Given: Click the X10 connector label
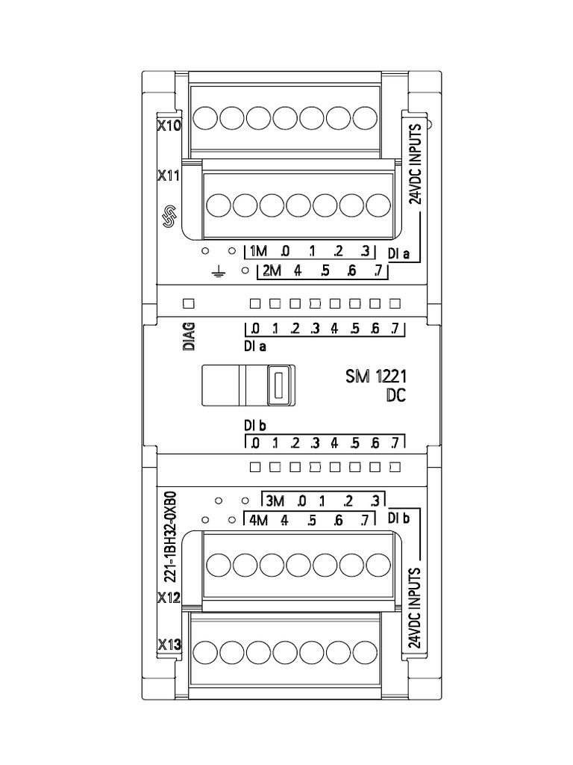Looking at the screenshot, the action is click(169, 126).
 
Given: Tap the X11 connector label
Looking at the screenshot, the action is click(169, 176).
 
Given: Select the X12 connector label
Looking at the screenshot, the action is click(169, 597).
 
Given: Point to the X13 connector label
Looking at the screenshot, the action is click(169, 645).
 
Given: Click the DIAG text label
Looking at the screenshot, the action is click(189, 335).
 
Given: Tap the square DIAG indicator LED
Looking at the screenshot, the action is click(189, 303).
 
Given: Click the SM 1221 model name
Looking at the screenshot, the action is click(376, 377).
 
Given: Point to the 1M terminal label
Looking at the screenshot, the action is click(258, 251).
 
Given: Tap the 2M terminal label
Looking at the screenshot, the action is click(272, 270).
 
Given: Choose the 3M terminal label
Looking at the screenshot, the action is click(275, 501).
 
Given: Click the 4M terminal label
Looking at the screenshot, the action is click(258, 521).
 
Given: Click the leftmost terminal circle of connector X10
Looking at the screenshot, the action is click(205, 118).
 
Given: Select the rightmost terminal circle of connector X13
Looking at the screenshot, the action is click(365, 651).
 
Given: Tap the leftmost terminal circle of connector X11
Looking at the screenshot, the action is click(219, 205).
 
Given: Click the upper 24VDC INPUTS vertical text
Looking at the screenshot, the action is click(415, 164).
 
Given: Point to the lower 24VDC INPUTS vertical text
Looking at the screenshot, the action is click(415, 608).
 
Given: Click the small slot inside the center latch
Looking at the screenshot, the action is click(279, 385).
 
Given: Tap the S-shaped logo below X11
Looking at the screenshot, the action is click(169, 217).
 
